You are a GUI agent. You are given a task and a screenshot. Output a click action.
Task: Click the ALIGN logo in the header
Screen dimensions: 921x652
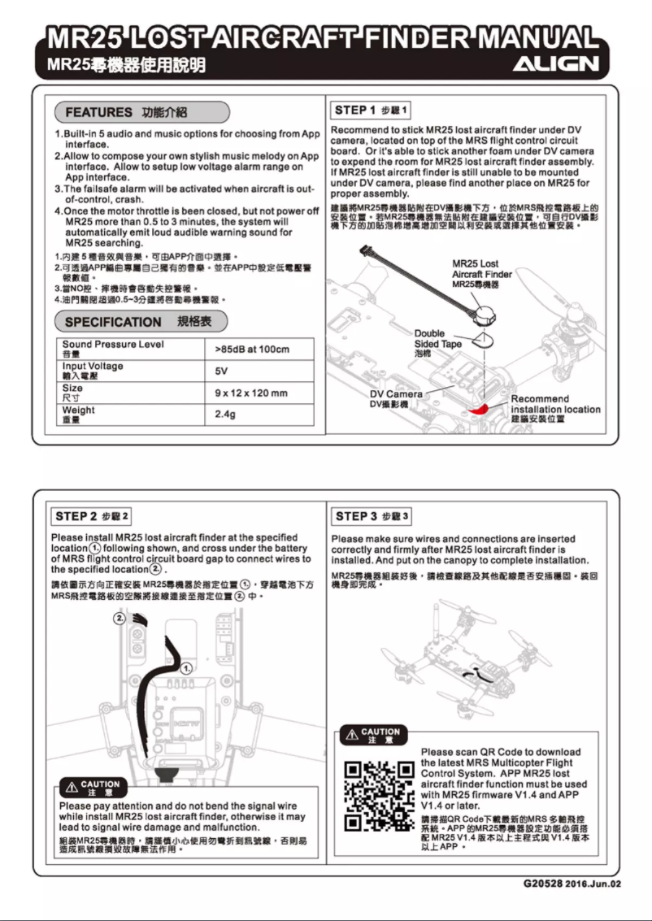click(560, 63)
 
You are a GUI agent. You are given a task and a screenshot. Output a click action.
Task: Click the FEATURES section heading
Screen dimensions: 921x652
click(141, 111)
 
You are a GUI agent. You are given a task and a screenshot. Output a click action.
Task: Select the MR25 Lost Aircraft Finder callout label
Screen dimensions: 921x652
click(481, 274)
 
